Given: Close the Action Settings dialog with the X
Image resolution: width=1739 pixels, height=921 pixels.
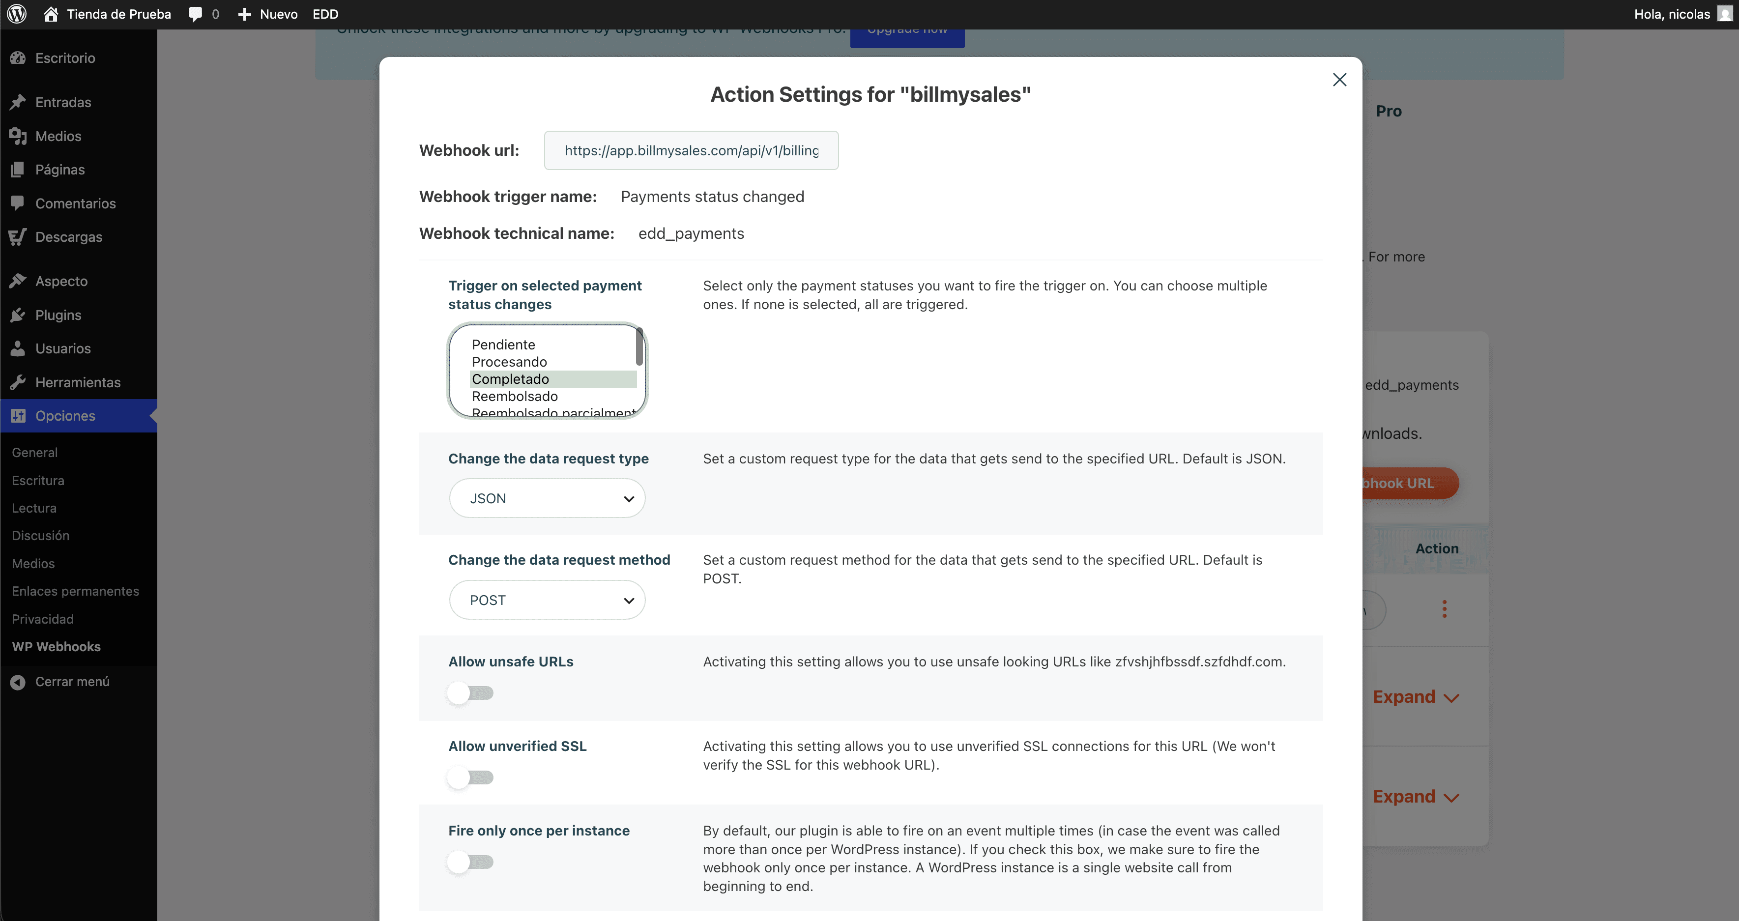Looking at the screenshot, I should pos(1339,80).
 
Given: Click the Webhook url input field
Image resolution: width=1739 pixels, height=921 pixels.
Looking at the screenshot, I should pos(691,150).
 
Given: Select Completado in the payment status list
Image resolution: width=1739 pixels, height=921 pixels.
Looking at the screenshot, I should pos(510,379).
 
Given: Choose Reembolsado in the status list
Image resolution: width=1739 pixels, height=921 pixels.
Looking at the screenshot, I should pos(515,396).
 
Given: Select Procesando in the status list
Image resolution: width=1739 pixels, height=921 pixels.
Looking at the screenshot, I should pos(509,362).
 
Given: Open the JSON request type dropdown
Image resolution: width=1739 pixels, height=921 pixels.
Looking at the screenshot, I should pos(547,498).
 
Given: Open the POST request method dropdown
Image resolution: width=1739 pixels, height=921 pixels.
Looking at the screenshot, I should pos(547,600).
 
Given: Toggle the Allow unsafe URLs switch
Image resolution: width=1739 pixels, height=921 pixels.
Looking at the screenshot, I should pos(470,693).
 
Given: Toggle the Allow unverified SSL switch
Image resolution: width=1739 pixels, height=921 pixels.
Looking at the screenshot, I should pos(470,777).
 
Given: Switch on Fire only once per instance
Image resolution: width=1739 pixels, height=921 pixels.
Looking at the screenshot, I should pos(470,862).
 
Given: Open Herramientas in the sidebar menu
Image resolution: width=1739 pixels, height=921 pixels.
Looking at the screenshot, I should pos(78,383).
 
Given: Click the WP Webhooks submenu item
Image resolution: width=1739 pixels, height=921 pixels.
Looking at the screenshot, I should pos(56,647).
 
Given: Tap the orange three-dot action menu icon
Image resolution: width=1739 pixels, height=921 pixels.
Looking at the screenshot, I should pos(1444,609).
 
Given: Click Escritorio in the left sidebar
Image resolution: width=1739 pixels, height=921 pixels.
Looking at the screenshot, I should pos(65,58).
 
